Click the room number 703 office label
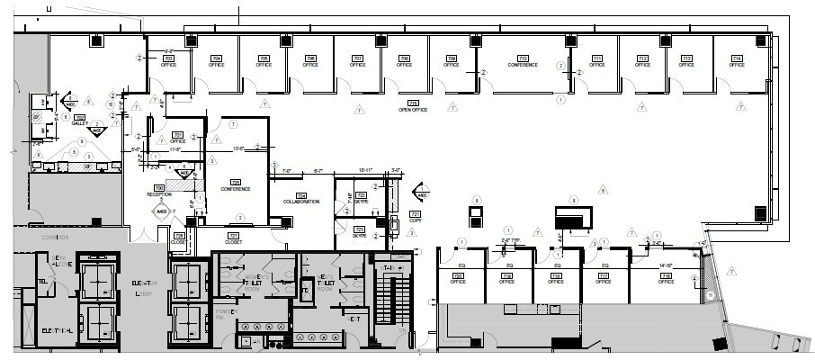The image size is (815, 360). pyautogui.click(x=167, y=61)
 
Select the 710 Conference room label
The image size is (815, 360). pyautogui.click(x=523, y=61)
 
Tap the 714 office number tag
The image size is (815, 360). pyautogui.click(x=737, y=61)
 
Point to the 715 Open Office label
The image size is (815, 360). pyautogui.click(x=413, y=106)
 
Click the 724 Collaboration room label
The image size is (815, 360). pyautogui.click(x=301, y=198)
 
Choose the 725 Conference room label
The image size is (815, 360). pyautogui.click(x=236, y=185)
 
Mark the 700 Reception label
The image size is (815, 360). pyautogui.click(x=159, y=191)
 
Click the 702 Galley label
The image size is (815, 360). pyautogui.click(x=79, y=121)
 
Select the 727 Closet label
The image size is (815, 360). pyautogui.click(x=233, y=238)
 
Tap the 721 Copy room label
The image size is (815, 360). pyautogui.click(x=415, y=216)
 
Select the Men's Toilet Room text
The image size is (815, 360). pyautogui.click(x=326, y=281)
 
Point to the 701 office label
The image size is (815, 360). pyautogui.click(x=178, y=137)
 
